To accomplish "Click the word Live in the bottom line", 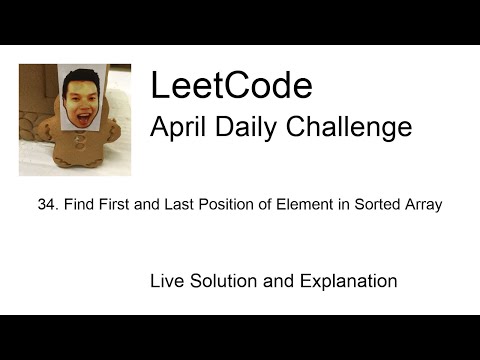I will pos(166,281).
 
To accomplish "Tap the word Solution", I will pos(220,281).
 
